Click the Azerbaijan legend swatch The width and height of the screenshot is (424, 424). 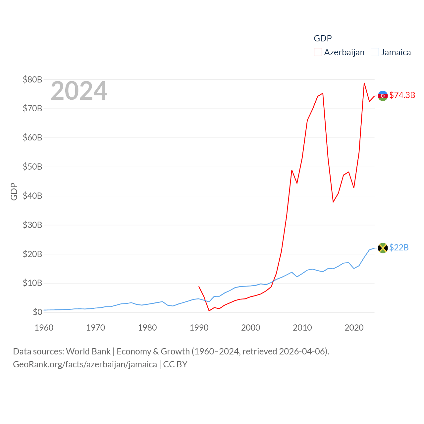[x=318, y=52]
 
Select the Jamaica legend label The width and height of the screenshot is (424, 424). [x=396, y=52]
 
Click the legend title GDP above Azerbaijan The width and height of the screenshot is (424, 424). [x=323, y=38]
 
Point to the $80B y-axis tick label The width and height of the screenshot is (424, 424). [x=32, y=79]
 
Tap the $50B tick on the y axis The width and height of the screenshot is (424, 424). [x=32, y=167]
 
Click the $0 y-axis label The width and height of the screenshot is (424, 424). [x=37, y=312]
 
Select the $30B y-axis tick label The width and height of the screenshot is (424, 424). [x=32, y=225]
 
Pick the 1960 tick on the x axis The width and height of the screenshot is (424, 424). [x=44, y=328]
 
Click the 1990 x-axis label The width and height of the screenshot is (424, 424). [x=199, y=328]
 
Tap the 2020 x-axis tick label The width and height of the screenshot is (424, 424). [x=354, y=328]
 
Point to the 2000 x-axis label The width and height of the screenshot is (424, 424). [x=251, y=328]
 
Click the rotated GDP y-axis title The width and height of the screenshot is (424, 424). [x=14, y=191]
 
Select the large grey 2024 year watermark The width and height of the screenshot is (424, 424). [x=79, y=91]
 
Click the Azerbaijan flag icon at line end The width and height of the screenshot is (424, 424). [x=383, y=96]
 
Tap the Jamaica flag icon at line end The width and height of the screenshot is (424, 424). [x=383, y=248]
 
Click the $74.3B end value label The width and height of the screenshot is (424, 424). [x=402, y=95]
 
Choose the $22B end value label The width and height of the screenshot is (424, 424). [x=399, y=247]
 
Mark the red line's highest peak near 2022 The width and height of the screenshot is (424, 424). [x=364, y=83]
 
